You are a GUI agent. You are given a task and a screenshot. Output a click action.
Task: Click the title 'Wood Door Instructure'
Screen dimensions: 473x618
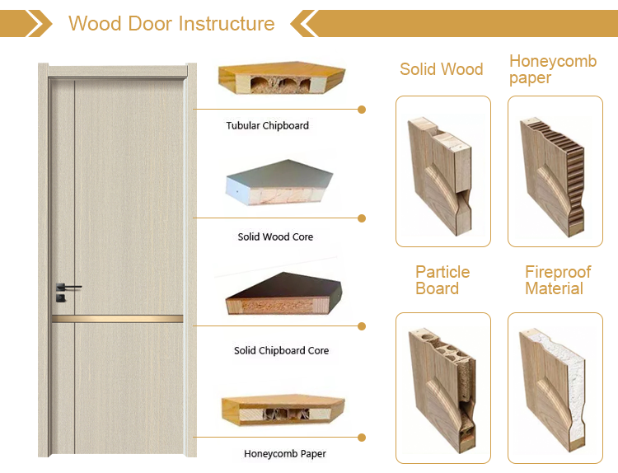pos(171,23)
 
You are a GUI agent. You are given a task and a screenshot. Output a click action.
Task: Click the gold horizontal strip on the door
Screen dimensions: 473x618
pos(117,318)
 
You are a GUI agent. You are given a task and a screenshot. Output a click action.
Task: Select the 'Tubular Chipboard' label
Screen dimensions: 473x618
pos(268,126)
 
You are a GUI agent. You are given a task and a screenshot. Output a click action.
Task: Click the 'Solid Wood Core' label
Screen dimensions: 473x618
pos(275,237)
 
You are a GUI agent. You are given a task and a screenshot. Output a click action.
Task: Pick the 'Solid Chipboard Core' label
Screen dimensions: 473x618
pos(281,351)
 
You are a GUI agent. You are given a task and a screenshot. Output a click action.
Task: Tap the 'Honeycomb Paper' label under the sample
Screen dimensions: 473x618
pos(284,454)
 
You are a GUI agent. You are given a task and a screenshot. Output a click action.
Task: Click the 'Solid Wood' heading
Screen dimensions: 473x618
pos(441,69)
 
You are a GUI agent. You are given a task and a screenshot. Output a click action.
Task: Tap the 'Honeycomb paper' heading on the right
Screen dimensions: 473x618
pos(552,69)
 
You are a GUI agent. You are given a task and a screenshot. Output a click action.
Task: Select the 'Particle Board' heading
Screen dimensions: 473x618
pos(442,280)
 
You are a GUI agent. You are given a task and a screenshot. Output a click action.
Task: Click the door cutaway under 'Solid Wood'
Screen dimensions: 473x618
pos(442,171)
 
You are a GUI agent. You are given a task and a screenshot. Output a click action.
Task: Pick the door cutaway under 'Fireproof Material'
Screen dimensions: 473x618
pos(554,387)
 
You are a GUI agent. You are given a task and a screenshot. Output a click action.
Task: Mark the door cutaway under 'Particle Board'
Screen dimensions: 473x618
pos(442,387)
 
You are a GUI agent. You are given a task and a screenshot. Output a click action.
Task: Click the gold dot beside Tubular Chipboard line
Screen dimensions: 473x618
pos(362,109)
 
